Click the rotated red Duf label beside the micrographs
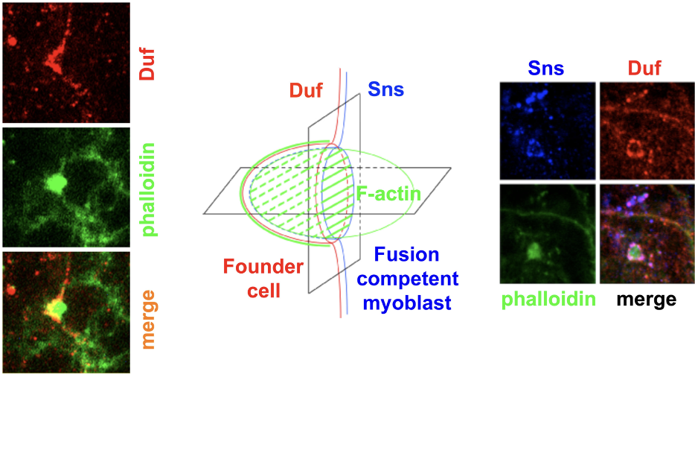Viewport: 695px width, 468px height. pos(147,64)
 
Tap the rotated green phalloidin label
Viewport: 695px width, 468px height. pos(149,189)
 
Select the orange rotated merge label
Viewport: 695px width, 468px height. pos(148,320)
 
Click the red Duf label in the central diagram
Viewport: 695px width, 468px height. pos(306,90)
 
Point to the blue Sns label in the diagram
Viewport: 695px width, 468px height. pos(386,89)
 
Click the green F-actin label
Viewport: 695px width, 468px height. pos(388,194)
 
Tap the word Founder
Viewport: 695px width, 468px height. pos(263,266)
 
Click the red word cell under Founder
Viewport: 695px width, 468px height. pos(263,291)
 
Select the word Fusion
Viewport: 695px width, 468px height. pos(406,254)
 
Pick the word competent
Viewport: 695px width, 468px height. pos(408,279)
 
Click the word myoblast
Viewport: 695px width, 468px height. pos(407,303)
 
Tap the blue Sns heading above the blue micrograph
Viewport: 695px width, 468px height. pos(546,69)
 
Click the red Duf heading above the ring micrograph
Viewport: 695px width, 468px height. pos(644,69)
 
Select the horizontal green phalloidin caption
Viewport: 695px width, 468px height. pos(548,300)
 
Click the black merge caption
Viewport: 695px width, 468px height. pos(646,300)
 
